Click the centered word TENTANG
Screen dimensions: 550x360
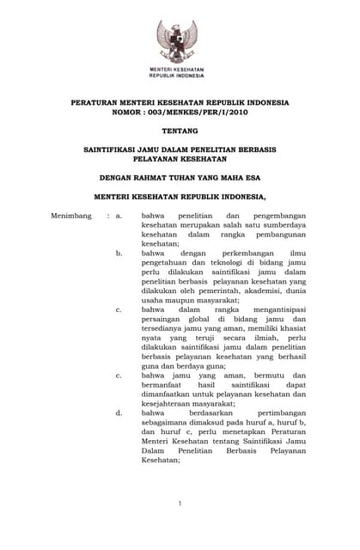(180, 131)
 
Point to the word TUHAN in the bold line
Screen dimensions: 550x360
(182, 180)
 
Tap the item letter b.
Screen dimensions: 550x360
(119, 254)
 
